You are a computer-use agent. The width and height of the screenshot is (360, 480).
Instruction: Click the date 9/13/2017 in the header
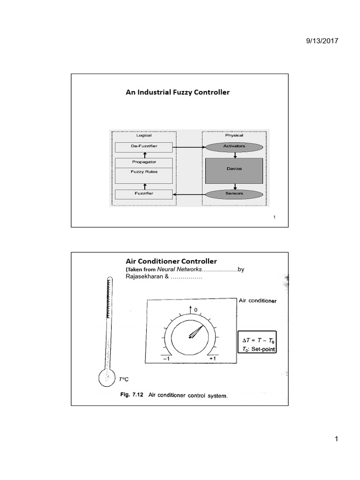[x=321, y=41]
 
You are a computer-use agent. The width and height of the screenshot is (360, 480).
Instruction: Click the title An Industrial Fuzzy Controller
[x=178, y=92]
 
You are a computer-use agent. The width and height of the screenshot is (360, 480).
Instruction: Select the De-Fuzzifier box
[x=144, y=146]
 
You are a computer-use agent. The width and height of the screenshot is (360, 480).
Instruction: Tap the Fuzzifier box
[x=144, y=193]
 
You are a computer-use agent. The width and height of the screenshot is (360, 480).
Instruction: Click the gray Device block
[x=234, y=170]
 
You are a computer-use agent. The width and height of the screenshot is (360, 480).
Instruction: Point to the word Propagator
[x=144, y=162]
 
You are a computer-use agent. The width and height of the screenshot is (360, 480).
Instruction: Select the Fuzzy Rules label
[x=144, y=172]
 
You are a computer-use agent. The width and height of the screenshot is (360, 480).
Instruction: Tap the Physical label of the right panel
[x=234, y=135]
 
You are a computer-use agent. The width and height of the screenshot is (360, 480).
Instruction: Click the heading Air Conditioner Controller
[x=171, y=261]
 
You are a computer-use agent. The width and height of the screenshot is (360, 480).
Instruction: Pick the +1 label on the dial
[x=212, y=358]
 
